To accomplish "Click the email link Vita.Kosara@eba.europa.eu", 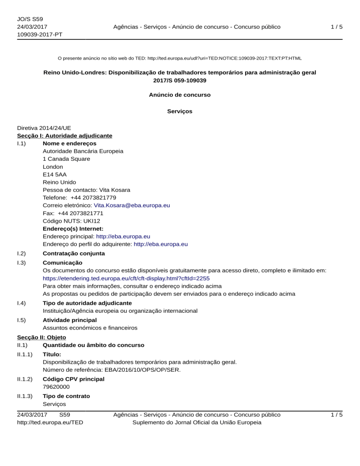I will click(132, 205).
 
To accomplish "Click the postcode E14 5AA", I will click(51, 174).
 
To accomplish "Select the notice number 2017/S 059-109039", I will click(180, 81).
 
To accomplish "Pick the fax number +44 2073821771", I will click(83, 213).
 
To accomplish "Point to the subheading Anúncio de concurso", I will click(180, 95).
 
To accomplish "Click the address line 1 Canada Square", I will click(67, 158).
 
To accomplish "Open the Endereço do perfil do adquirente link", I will click(161, 244).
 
